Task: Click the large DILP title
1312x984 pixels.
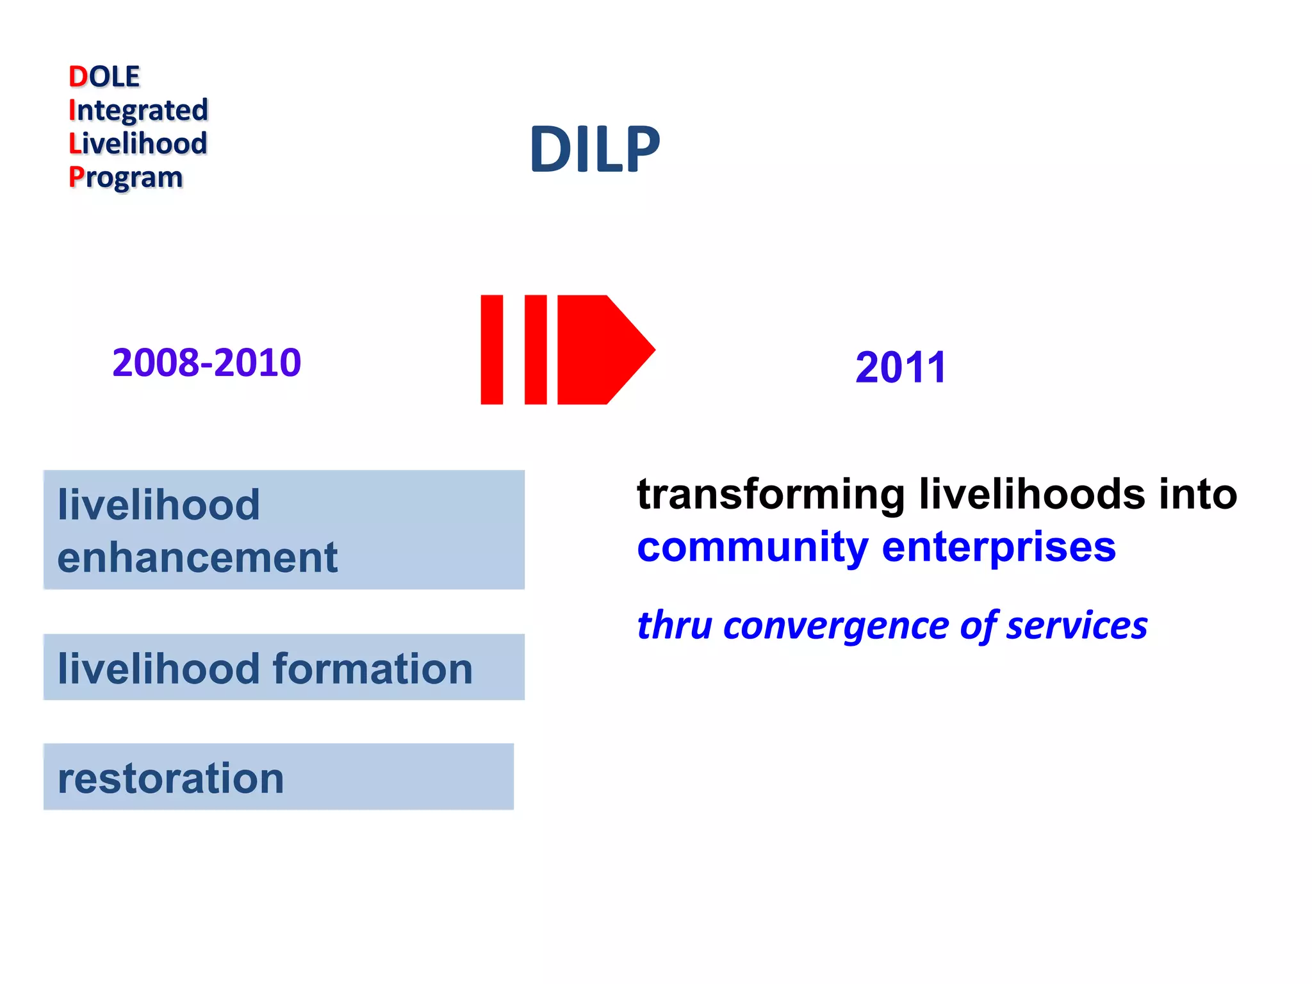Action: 594,149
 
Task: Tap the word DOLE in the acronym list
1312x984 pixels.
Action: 104,77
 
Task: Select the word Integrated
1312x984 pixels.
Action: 138,110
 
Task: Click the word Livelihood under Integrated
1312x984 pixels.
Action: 138,143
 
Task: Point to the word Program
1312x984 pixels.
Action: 126,177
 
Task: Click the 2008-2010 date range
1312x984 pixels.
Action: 206,363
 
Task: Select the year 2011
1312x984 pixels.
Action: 901,368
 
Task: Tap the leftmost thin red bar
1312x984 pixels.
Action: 491,350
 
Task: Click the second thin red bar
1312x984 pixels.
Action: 536,350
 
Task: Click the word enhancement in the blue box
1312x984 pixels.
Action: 197,557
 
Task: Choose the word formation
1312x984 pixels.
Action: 373,669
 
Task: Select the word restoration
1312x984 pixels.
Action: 171,778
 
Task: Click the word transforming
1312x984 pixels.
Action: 771,495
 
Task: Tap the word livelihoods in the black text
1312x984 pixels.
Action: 1032,495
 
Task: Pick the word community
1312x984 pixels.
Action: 752,547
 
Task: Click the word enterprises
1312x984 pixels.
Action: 999,547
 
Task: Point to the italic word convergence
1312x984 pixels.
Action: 835,625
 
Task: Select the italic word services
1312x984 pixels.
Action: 1077,625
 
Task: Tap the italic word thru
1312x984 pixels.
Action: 675,625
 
